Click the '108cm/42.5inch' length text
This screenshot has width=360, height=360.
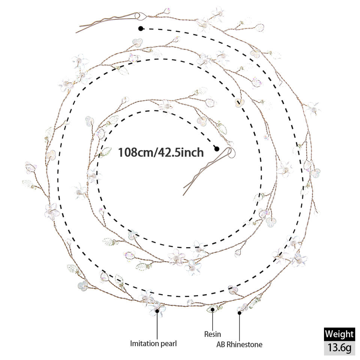point(161,153)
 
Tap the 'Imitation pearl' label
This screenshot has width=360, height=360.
point(153,343)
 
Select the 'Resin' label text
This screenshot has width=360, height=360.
point(213,334)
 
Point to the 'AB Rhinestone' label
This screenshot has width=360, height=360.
point(239,344)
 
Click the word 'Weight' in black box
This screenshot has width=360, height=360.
point(339,334)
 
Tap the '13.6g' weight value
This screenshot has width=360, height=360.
point(339,348)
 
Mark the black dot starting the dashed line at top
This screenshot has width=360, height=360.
point(141,29)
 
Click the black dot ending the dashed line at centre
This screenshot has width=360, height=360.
point(217,149)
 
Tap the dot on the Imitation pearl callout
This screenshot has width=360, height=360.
point(157,311)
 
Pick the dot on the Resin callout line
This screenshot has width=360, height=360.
point(213,309)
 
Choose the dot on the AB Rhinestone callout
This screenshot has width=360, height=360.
point(239,312)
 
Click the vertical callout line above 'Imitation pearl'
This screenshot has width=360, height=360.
point(157,325)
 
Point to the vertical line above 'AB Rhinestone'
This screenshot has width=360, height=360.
point(239,327)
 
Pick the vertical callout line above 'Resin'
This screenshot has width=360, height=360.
point(213,320)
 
